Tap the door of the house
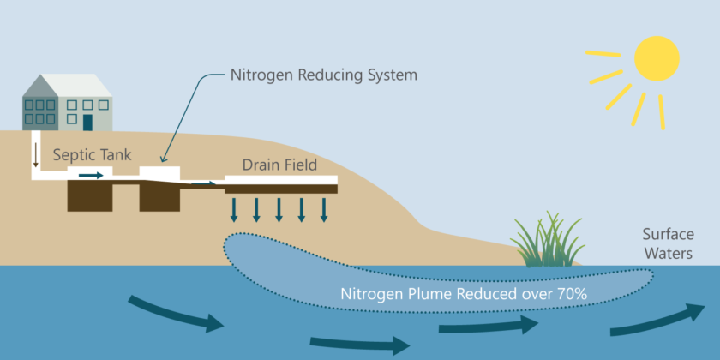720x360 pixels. click(87, 122)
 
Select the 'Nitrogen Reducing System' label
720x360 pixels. click(324, 75)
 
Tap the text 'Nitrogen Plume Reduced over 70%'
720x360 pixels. click(464, 294)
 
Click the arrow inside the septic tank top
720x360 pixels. click(90, 176)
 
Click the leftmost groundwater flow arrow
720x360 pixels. click(175, 315)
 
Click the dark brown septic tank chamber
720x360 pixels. click(90, 196)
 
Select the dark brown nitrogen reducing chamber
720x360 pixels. click(161, 197)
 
